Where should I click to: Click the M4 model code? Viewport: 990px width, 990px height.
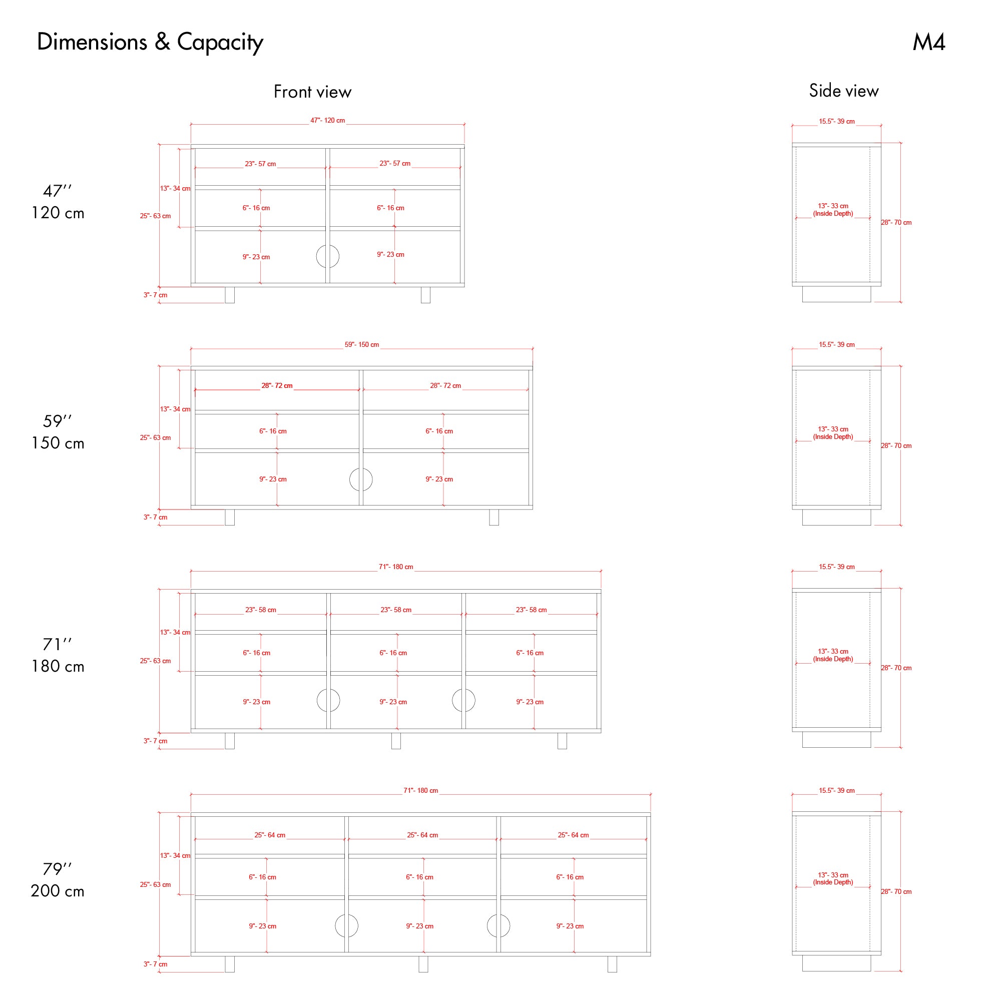(928, 42)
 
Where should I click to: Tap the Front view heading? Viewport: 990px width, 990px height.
(313, 92)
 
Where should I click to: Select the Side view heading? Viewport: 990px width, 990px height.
(844, 91)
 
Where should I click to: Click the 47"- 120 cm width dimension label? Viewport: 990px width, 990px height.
(327, 121)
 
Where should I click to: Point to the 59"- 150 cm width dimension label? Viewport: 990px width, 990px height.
(362, 344)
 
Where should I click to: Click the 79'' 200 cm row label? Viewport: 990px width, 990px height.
(58, 879)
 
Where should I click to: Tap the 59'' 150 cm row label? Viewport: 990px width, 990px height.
(58, 431)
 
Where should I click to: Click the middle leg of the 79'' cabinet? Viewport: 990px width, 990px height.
(423, 964)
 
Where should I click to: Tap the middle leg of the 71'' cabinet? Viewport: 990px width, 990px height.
(396, 740)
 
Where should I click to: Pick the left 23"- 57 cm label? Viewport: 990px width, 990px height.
(260, 164)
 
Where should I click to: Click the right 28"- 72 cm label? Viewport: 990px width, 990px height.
(445, 385)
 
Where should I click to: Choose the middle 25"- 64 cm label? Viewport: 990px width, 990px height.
(422, 835)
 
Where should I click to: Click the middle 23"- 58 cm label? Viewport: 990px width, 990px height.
(395, 610)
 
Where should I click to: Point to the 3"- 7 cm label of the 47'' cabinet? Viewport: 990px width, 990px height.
(155, 295)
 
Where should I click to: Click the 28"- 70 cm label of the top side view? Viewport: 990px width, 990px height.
(896, 222)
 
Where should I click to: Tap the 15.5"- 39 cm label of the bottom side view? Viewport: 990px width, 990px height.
(837, 791)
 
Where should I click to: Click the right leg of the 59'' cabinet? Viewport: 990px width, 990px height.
(494, 517)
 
